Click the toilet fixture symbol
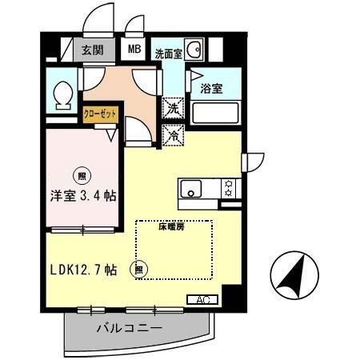coord(60,96)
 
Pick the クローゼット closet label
coord(101,114)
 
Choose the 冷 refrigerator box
coord(173,136)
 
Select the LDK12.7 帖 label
coord(82,270)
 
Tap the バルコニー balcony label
coord(130,329)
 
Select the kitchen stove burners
coord(229,189)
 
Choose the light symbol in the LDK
coord(141,270)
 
